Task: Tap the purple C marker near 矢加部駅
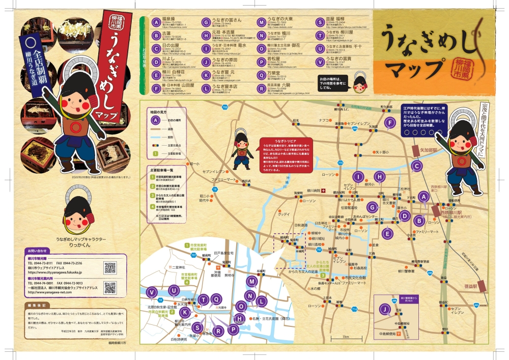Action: [416, 165]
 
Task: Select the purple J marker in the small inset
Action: [385, 309]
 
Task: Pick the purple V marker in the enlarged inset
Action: [151, 292]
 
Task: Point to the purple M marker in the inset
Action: [251, 281]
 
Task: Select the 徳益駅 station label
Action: [461, 287]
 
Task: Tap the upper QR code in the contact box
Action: [110, 267]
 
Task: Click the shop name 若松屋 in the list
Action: [273, 59]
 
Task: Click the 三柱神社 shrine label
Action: [403, 190]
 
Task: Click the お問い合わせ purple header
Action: [38, 251]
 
